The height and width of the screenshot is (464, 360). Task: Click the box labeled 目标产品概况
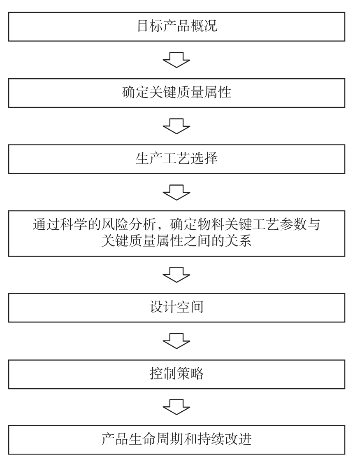click(177, 27)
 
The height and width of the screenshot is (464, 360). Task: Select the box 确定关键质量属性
click(177, 93)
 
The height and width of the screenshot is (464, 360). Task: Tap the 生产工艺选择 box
click(177, 159)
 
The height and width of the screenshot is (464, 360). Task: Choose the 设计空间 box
click(177, 308)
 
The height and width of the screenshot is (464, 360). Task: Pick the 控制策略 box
click(177, 374)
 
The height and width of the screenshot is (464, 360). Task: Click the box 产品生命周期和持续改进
click(177, 440)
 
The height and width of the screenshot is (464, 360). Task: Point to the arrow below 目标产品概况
click(177, 60)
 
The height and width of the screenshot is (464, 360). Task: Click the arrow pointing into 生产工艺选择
click(177, 126)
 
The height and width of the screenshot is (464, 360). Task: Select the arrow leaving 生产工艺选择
click(177, 193)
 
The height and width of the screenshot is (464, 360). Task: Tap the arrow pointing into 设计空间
click(177, 275)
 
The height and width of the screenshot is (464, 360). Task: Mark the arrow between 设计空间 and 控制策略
click(177, 341)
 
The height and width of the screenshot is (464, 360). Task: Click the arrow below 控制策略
click(177, 407)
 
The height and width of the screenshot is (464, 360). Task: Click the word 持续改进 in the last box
click(225, 439)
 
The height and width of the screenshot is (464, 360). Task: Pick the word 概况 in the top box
click(204, 26)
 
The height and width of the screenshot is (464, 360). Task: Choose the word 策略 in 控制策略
click(190, 373)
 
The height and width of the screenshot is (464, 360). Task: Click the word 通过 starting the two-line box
click(46, 225)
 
